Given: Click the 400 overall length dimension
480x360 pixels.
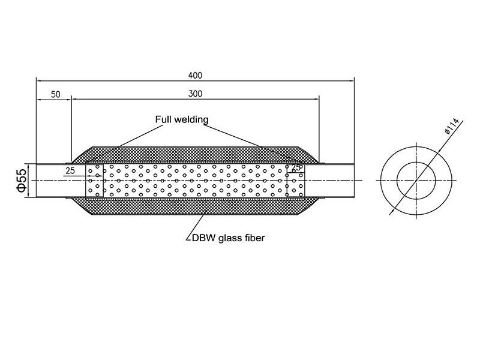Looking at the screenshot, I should pos(195,76).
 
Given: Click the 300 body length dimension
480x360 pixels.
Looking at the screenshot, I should pos(195,94).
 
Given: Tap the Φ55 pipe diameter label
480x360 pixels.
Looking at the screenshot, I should pos(22,180).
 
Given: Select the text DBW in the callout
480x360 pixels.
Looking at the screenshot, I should pos(201,238).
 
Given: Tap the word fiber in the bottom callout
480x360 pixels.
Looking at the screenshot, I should pos(254,238).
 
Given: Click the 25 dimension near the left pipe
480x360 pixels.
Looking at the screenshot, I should pos(70,171).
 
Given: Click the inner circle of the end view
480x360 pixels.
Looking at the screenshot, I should pos(416,180).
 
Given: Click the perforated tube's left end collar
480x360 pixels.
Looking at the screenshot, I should pos(95,180).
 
